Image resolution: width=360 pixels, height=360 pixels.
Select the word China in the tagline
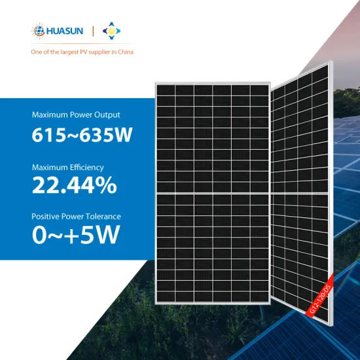[x=124, y=52]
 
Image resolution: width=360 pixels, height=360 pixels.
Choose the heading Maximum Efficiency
[x=67, y=168]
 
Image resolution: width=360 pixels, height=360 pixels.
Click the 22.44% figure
[x=74, y=186]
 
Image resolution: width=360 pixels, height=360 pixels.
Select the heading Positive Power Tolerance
[x=76, y=216]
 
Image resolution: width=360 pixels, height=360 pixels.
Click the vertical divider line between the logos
[x=92, y=31]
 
